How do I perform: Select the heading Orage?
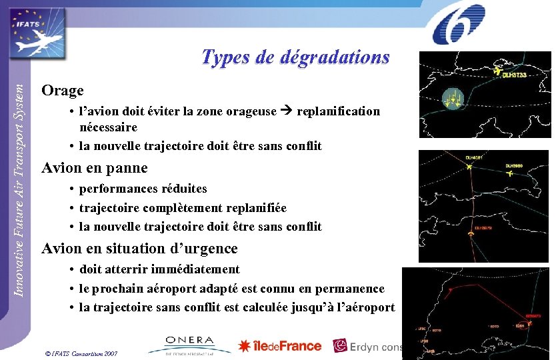pos(63,90)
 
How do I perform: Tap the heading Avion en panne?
pos(95,168)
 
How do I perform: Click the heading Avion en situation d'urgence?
pos(139,249)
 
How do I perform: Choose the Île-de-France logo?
pos(280,346)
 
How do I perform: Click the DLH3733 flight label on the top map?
pos(514,75)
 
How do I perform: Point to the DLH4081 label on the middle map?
pos(473,157)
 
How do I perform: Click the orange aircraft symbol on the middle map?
pos(471,235)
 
